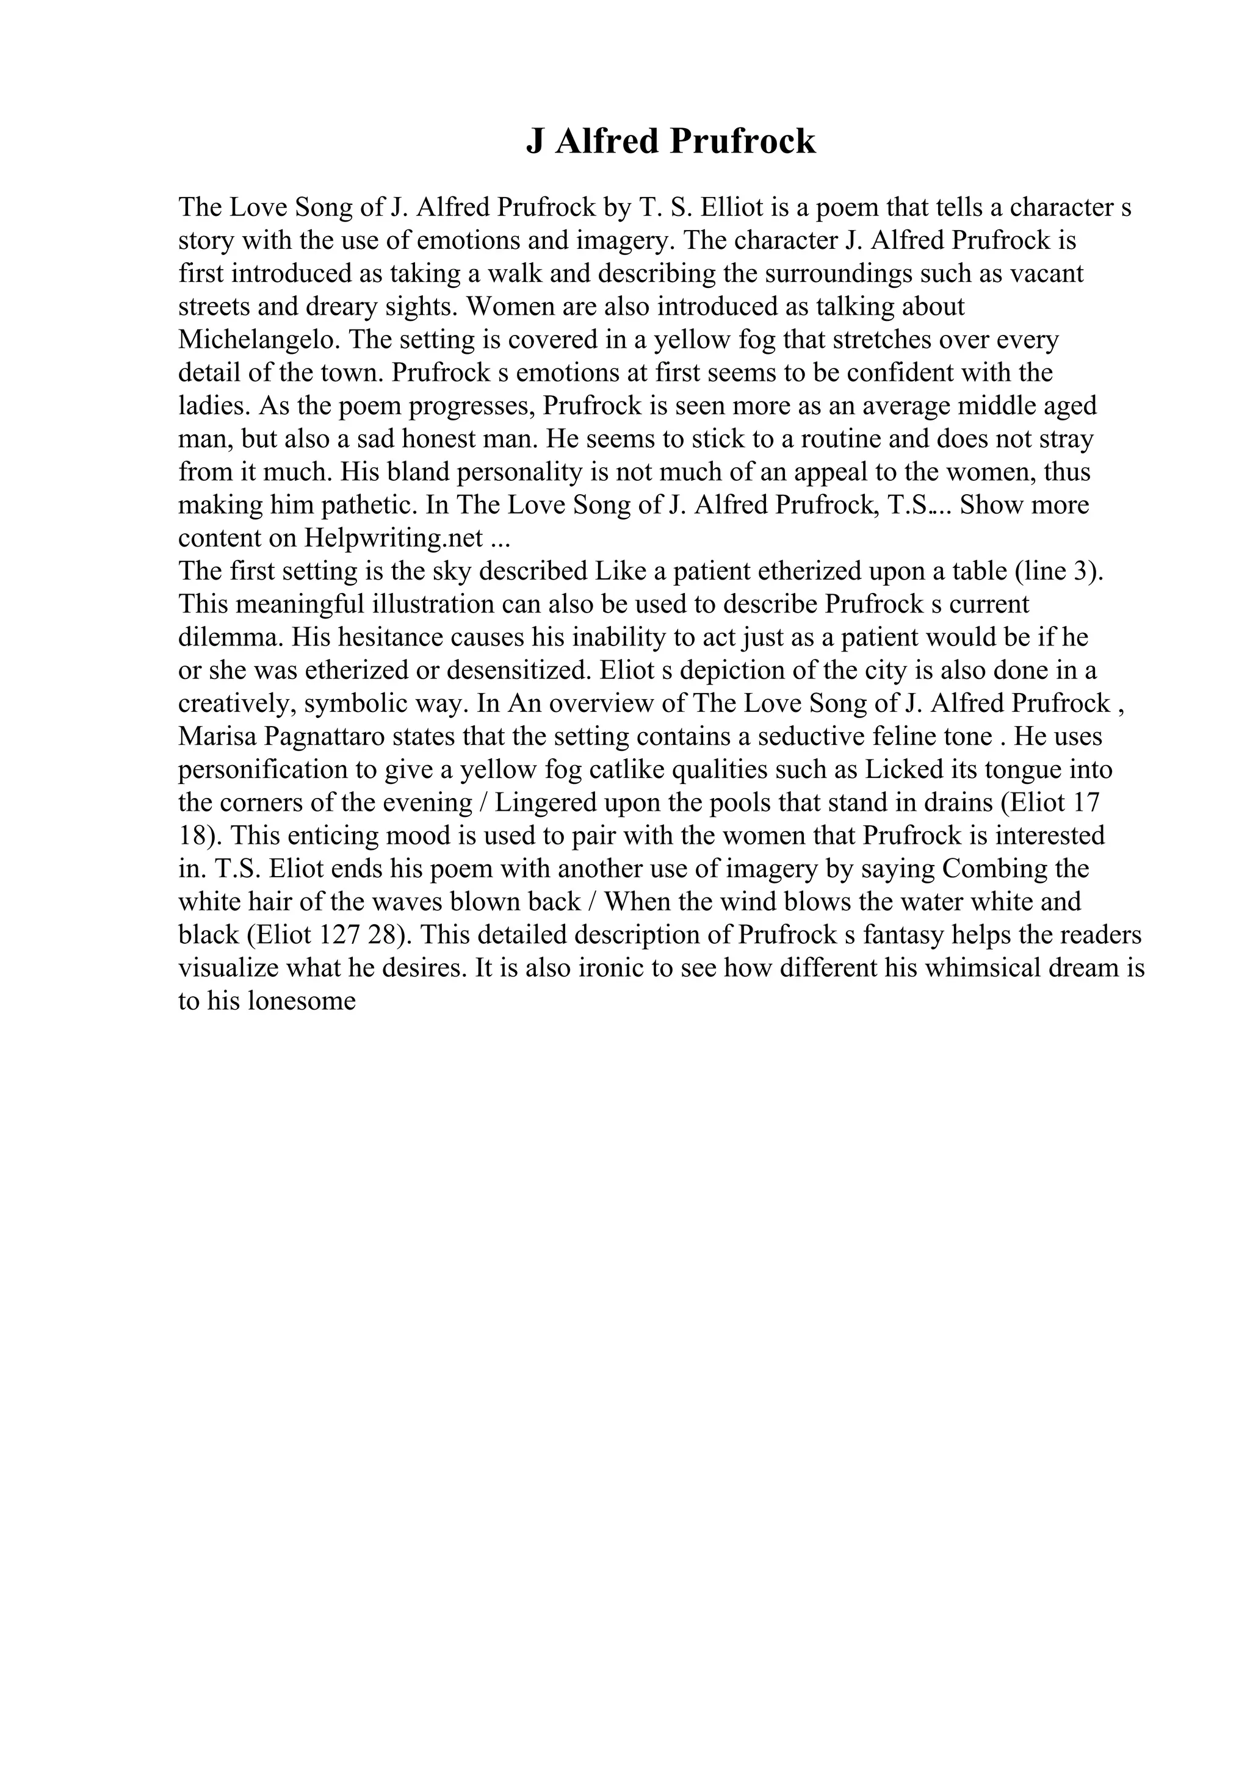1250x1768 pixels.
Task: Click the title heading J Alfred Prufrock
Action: [670, 142]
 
